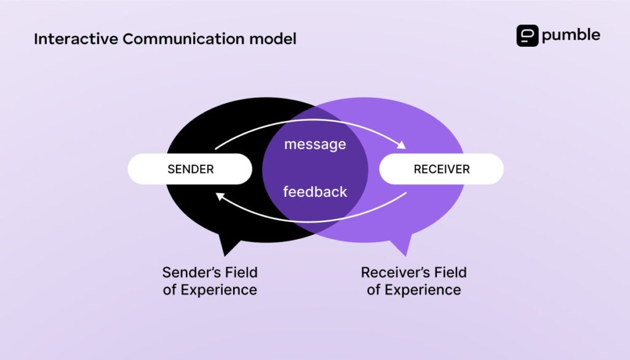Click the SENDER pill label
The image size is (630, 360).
[190, 169]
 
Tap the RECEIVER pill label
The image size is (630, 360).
[441, 169]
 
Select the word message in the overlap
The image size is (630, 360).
[315, 145]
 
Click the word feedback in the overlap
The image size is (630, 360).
[315, 192]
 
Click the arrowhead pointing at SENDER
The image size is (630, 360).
[218, 195]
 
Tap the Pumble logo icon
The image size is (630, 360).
[527, 35]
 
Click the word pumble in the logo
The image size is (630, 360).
[570, 35]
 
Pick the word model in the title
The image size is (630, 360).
[273, 39]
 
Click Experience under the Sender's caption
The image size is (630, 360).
[218, 290]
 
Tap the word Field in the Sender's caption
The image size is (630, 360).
[242, 272]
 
